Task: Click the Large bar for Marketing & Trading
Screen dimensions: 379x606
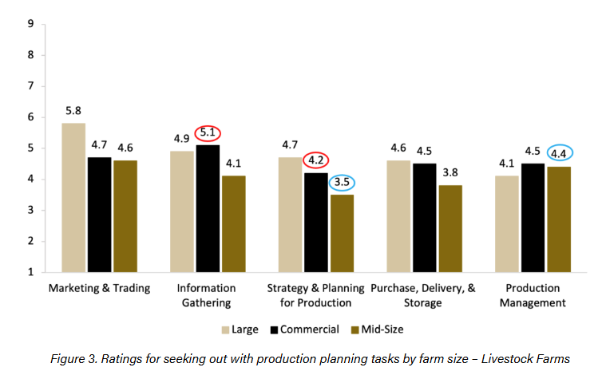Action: pos(73,197)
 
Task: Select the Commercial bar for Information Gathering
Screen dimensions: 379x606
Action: pos(208,208)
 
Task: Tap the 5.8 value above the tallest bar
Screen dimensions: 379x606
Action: pos(73,111)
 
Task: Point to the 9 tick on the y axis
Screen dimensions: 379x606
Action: pos(30,24)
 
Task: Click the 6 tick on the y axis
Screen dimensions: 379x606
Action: pos(30,117)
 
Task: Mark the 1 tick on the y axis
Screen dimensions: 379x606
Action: pos(30,272)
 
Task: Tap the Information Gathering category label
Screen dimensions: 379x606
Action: pos(208,295)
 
